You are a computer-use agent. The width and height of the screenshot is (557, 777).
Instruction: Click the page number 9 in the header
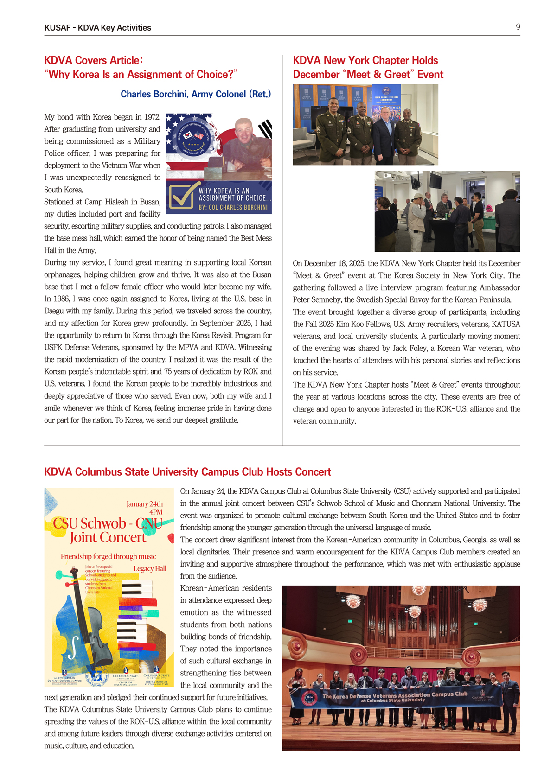[x=518, y=27]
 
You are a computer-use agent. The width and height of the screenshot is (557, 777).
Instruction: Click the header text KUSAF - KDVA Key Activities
[x=97, y=28]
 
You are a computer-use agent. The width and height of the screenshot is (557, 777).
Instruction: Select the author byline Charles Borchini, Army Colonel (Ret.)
[x=196, y=94]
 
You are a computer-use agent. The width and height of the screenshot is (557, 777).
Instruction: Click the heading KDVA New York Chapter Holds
[x=365, y=60]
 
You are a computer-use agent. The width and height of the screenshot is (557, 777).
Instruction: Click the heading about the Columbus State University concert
[x=187, y=472]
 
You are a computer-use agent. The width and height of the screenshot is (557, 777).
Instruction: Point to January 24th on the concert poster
[x=144, y=504]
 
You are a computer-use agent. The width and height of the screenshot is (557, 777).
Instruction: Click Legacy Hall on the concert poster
[x=149, y=569]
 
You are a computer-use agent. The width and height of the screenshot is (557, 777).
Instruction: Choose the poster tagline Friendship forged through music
[x=108, y=556]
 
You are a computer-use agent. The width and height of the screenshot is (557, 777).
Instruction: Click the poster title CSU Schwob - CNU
[x=107, y=523]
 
